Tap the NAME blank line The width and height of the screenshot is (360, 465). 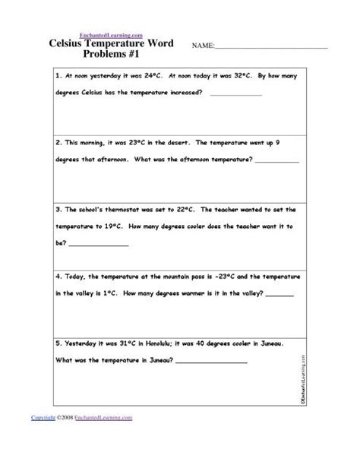271,49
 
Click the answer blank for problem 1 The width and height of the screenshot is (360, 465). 235,95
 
